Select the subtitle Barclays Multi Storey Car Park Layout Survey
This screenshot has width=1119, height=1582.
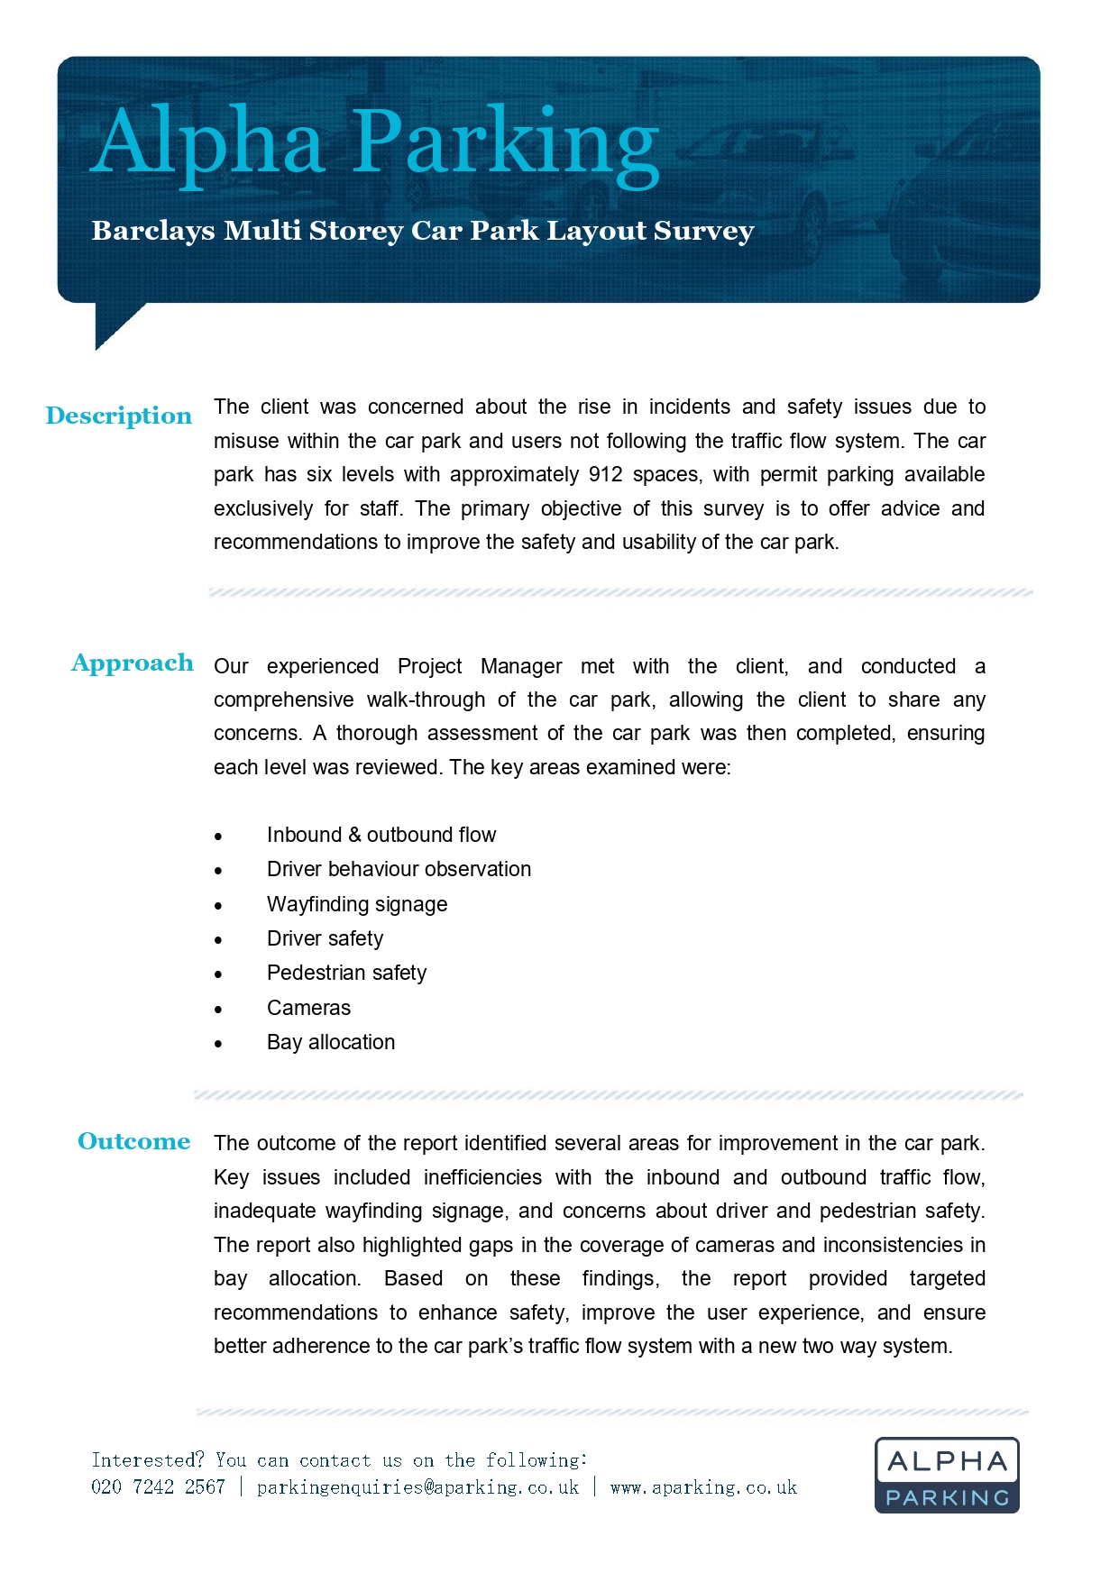click(422, 231)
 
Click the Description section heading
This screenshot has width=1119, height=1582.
click(119, 416)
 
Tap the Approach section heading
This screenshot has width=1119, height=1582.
click(132, 663)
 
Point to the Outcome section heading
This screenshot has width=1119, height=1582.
click(133, 1141)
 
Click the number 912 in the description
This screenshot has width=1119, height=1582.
click(605, 475)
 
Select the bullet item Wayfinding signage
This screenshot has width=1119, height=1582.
click(357, 904)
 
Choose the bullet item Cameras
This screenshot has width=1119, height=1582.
click(308, 1008)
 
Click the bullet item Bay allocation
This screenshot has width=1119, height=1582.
click(331, 1042)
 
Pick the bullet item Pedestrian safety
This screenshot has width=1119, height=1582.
click(346, 974)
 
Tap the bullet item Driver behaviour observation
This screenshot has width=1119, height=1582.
click(399, 869)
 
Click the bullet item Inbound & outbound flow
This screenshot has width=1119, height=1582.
click(381, 835)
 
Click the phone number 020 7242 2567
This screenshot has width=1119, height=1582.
click(158, 1487)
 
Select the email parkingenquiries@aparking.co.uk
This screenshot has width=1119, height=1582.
click(417, 1487)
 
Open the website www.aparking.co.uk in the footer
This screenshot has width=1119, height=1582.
click(703, 1487)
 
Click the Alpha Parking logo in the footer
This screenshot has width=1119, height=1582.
click(947, 1475)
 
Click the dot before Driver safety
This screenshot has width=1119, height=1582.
click(218, 940)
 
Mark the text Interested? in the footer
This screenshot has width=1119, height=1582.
click(148, 1460)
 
